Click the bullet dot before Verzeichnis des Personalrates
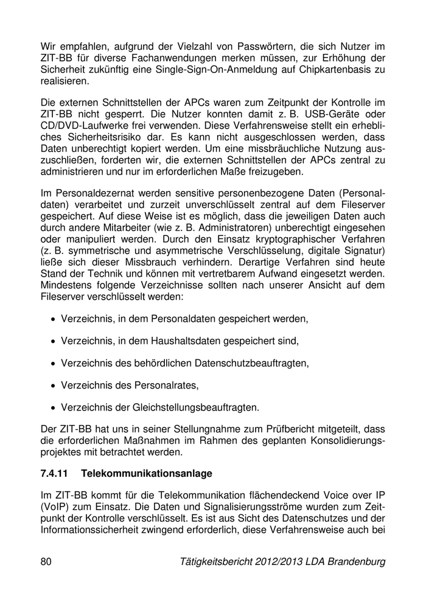point(55,386)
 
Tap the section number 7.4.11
point(54,472)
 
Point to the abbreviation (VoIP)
point(55,506)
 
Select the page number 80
point(46,562)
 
